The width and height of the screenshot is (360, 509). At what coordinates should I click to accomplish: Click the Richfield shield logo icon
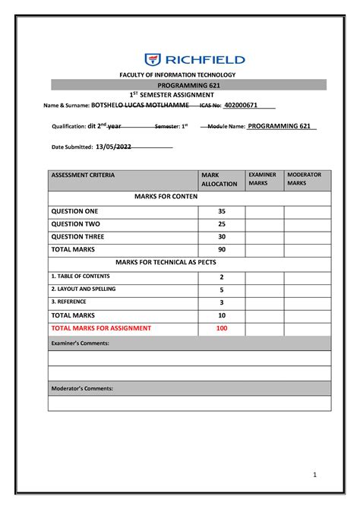(153, 59)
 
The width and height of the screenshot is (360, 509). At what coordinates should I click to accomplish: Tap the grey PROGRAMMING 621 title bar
(187, 85)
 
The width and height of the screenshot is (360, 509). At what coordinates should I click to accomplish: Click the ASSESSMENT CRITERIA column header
(83, 175)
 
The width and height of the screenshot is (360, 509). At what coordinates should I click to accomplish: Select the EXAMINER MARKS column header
(262, 179)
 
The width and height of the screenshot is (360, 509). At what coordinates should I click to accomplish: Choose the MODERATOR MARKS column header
(304, 179)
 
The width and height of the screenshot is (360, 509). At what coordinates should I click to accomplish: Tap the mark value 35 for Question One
(221, 211)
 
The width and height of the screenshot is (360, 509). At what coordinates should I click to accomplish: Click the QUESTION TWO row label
(74, 224)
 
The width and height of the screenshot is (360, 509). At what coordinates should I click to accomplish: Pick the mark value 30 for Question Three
(221, 237)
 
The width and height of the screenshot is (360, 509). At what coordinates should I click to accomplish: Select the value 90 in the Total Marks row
(221, 250)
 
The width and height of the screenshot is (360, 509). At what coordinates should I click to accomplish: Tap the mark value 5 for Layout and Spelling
(221, 289)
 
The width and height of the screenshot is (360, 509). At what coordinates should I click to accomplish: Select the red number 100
(221, 328)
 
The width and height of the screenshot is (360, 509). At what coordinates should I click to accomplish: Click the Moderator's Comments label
(82, 388)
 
